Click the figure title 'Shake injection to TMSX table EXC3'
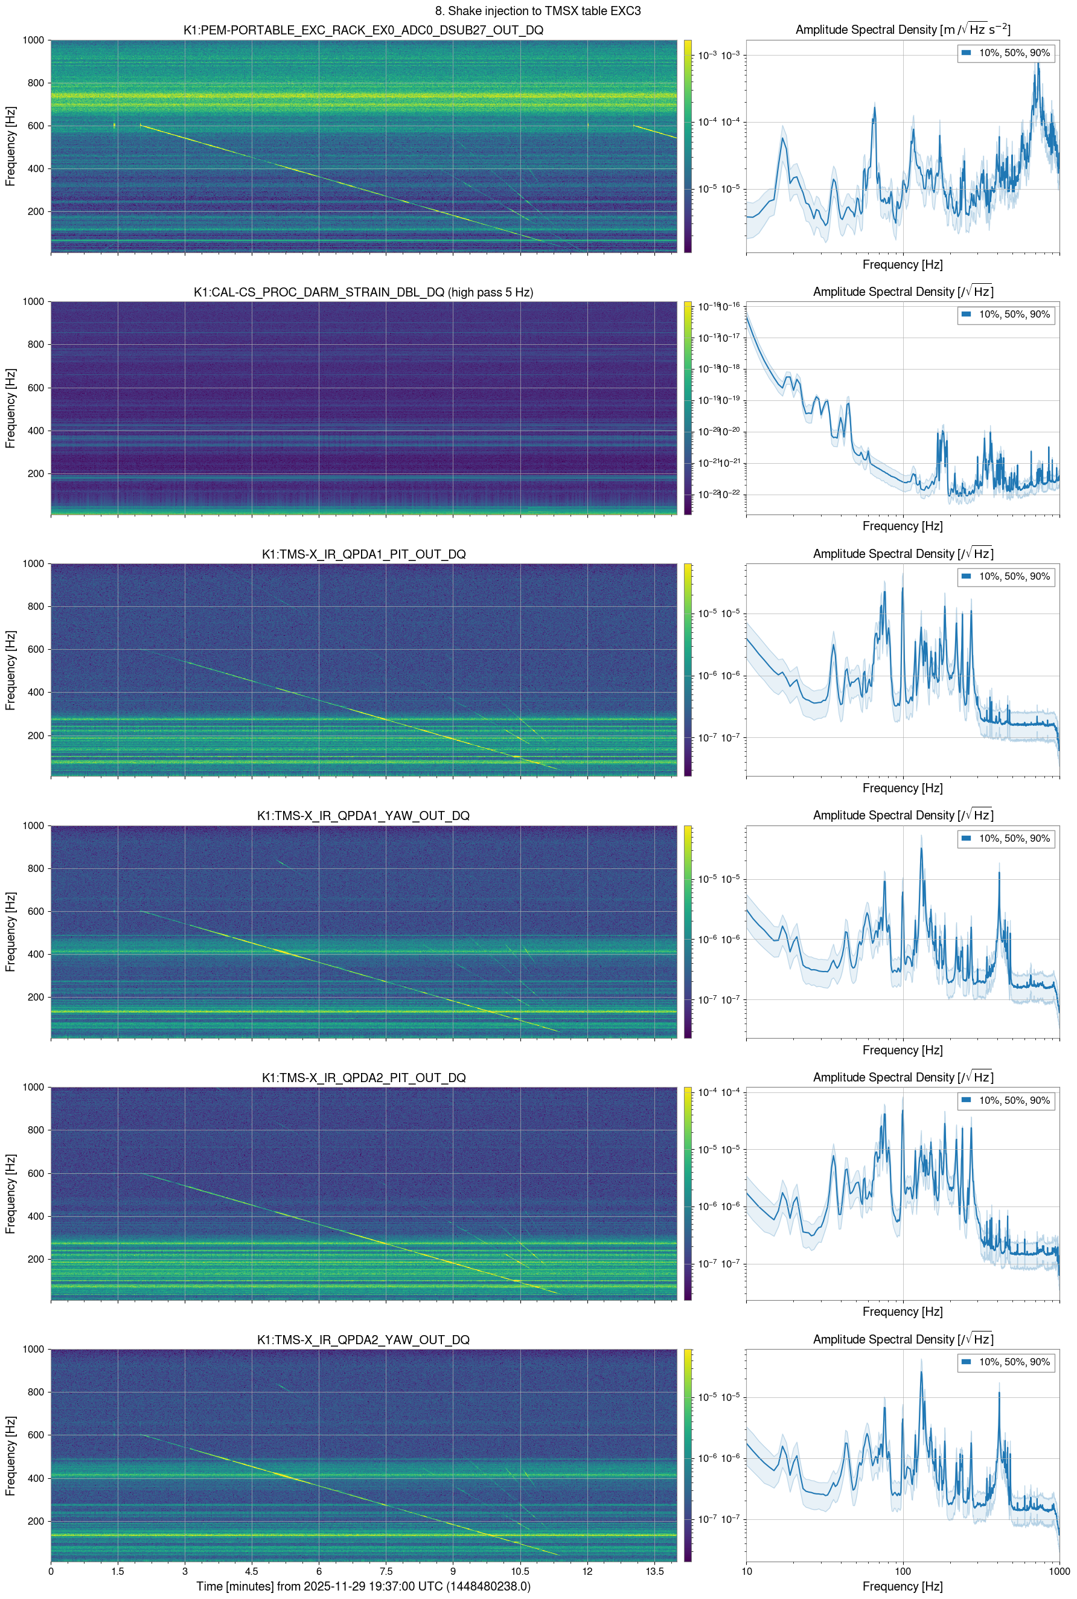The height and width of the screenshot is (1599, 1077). pyautogui.click(x=538, y=11)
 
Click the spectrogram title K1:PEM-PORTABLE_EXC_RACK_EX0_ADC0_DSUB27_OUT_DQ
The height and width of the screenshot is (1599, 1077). pyautogui.click(x=363, y=30)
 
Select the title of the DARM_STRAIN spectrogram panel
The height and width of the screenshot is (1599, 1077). pyautogui.click(x=363, y=292)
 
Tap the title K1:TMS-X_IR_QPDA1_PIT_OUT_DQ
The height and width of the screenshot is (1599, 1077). pyautogui.click(x=363, y=554)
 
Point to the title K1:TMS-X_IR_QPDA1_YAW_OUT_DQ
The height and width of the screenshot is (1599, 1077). pyautogui.click(x=363, y=816)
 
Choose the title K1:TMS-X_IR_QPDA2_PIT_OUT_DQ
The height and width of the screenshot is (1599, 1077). pyautogui.click(x=363, y=1078)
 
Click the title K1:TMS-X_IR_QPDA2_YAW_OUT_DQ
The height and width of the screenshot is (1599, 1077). pyautogui.click(x=363, y=1339)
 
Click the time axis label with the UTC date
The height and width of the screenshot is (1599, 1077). pyautogui.click(x=363, y=1586)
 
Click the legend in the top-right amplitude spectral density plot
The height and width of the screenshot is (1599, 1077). pyautogui.click(x=1006, y=53)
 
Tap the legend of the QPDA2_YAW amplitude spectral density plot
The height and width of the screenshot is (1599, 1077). pyautogui.click(x=1006, y=1362)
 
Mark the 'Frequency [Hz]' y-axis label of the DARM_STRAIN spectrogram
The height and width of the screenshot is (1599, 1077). pyautogui.click(x=10, y=408)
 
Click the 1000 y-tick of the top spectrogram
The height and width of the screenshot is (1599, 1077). pyautogui.click(x=33, y=40)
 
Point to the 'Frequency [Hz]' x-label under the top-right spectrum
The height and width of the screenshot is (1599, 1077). pyautogui.click(x=902, y=264)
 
